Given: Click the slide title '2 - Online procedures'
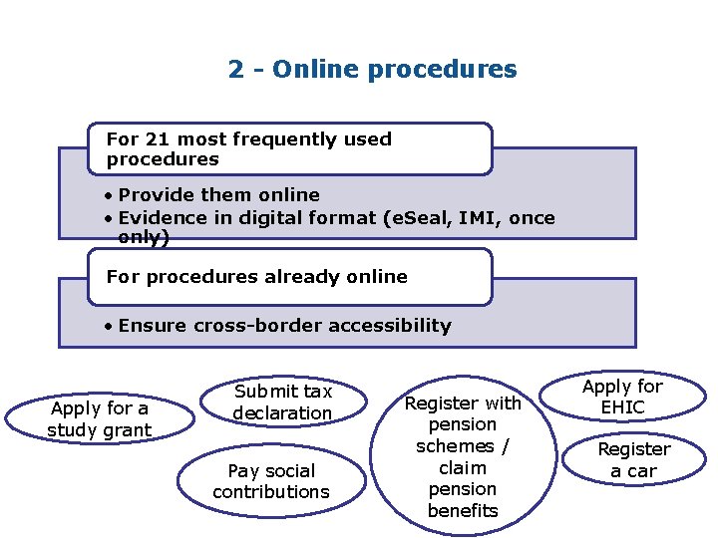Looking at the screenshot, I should [372, 70].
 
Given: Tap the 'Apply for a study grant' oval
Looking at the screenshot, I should [99, 419].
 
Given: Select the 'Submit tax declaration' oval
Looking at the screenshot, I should [282, 403].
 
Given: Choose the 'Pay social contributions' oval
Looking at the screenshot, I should [270, 481].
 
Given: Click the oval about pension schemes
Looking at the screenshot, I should [462, 456].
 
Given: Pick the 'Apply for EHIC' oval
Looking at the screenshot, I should [622, 397].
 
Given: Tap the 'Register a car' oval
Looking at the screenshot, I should [633, 460].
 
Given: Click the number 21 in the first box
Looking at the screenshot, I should [156, 139].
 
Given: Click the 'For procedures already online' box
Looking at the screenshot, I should [289, 277].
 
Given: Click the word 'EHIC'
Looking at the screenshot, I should [623, 407].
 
